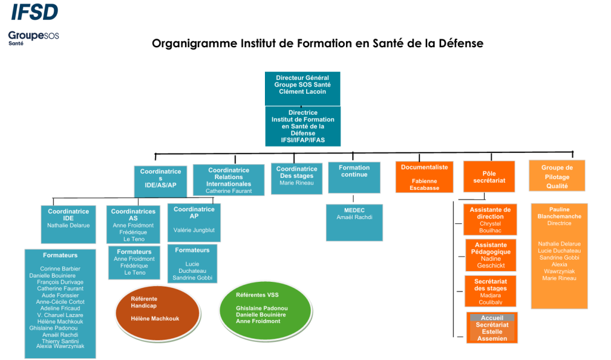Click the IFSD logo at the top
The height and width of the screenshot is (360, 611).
[x=35, y=11]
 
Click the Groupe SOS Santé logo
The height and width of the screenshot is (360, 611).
[x=33, y=37]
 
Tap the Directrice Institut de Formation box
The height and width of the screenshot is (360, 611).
[x=303, y=126]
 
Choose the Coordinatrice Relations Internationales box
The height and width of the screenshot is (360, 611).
[x=229, y=180]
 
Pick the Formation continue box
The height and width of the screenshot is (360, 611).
[x=354, y=177]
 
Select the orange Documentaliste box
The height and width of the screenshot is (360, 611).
[x=424, y=177]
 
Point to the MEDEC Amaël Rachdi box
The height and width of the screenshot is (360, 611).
[x=354, y=222]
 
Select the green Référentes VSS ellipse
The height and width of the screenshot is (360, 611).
[x=260, y=308]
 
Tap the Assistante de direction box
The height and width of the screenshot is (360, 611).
[x=490, y=219]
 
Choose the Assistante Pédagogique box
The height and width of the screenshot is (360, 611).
[x=490, y=255]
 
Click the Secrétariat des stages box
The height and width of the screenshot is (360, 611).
[x=490, y=291]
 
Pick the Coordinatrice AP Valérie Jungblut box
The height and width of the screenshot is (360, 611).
[x=194, y=222]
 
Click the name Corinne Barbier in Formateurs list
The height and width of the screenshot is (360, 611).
[x=60, y=269]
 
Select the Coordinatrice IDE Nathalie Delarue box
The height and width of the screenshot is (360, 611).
[x=68, y=222]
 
